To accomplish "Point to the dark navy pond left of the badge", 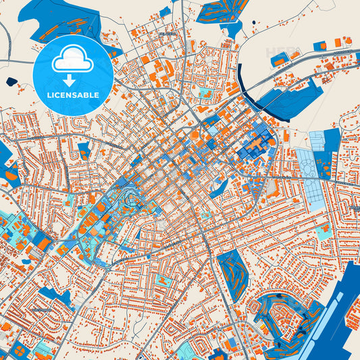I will click(11, 82).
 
